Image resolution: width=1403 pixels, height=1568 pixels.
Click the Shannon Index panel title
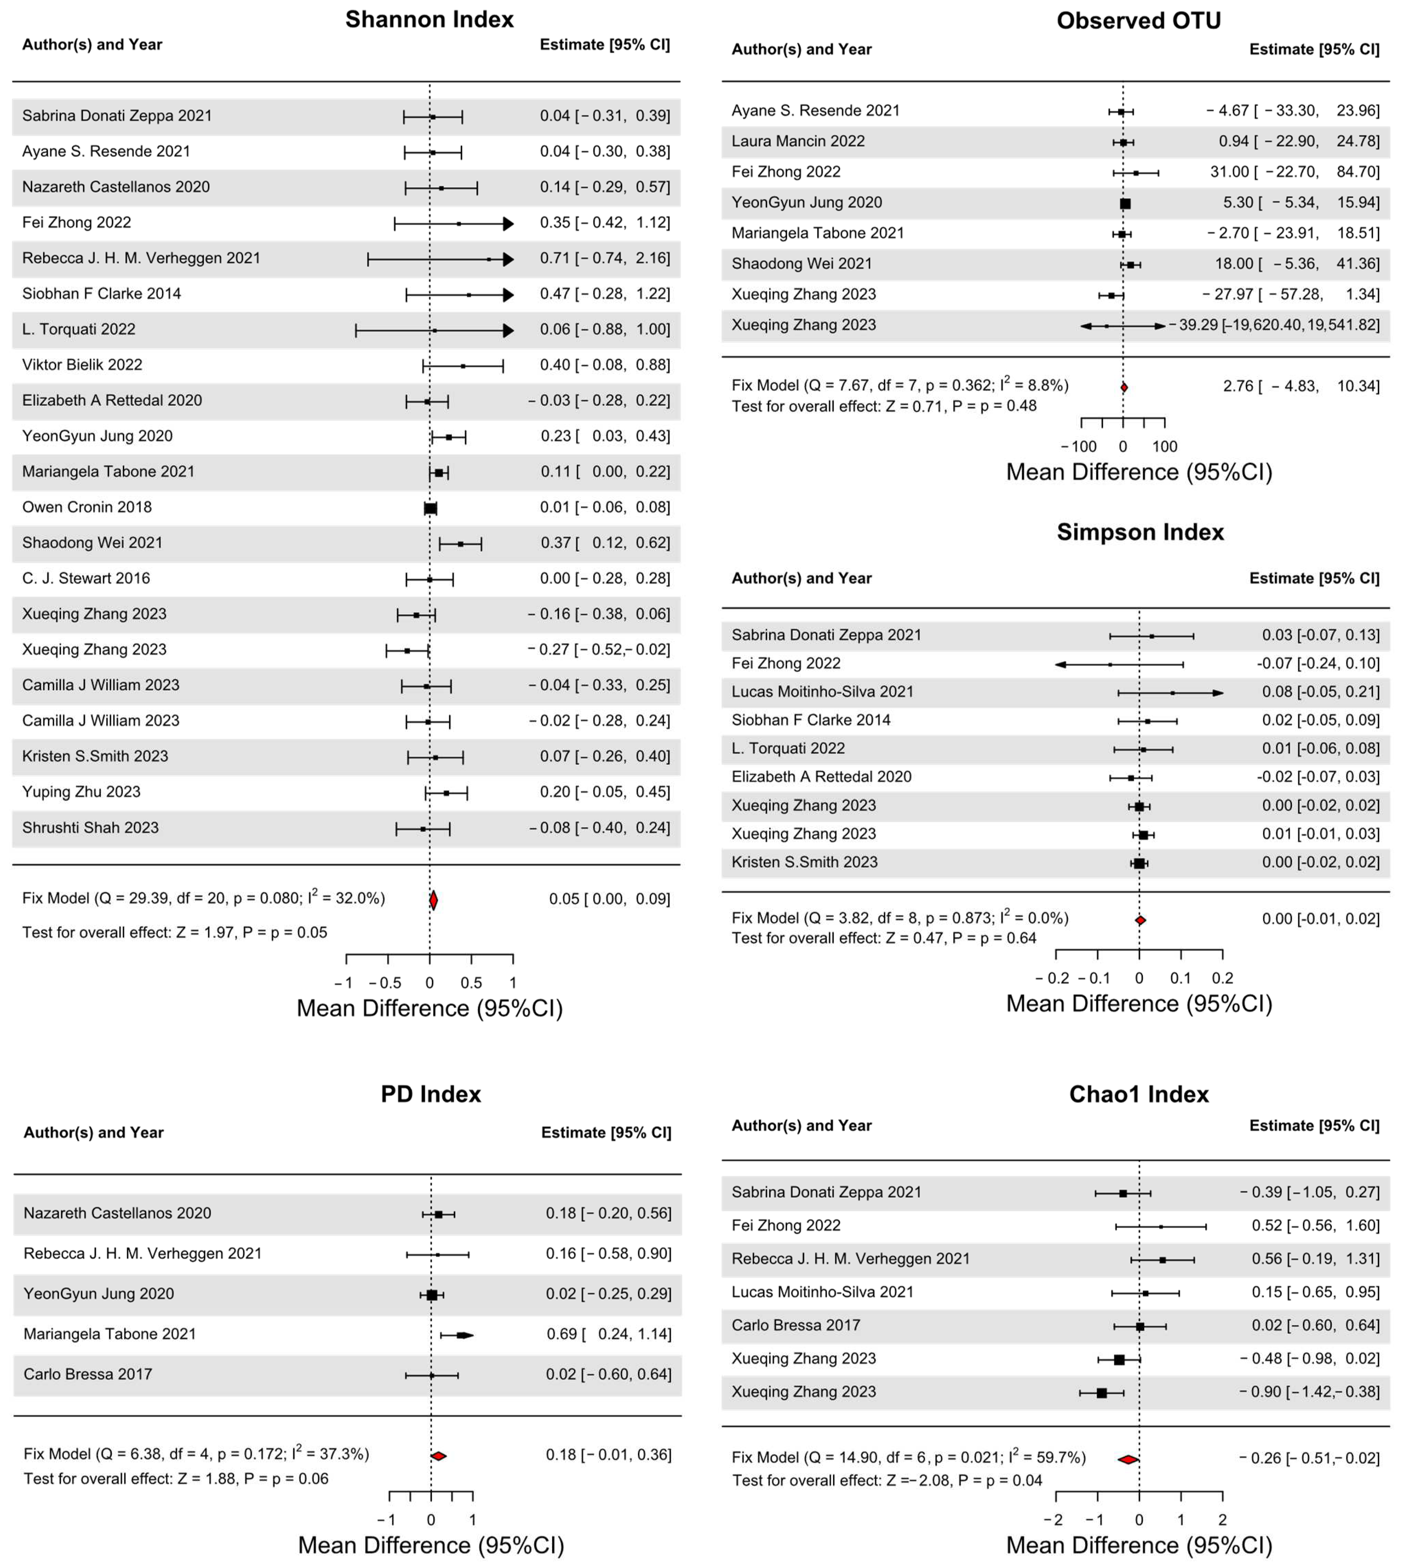click(429, 19)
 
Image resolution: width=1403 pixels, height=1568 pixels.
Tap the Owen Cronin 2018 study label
click(87, 507)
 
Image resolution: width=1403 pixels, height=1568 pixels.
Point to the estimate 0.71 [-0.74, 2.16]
click(604, 258)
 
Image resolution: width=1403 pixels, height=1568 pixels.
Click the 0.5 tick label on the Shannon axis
click(471, 983)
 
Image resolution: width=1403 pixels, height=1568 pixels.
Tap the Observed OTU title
click(1138, 21)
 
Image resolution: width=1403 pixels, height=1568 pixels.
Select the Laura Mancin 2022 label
click(798, 141)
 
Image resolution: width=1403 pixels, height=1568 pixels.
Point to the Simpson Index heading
click(1140, 532)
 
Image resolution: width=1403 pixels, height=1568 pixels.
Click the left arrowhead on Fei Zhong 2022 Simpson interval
click(1061, 664)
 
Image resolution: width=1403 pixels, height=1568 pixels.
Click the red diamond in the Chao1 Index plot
click(1128, 1459)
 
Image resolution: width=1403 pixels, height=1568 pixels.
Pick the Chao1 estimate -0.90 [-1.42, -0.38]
click(1309, 1391)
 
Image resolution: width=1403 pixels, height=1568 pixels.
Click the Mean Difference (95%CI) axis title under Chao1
click(1138, 1545)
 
